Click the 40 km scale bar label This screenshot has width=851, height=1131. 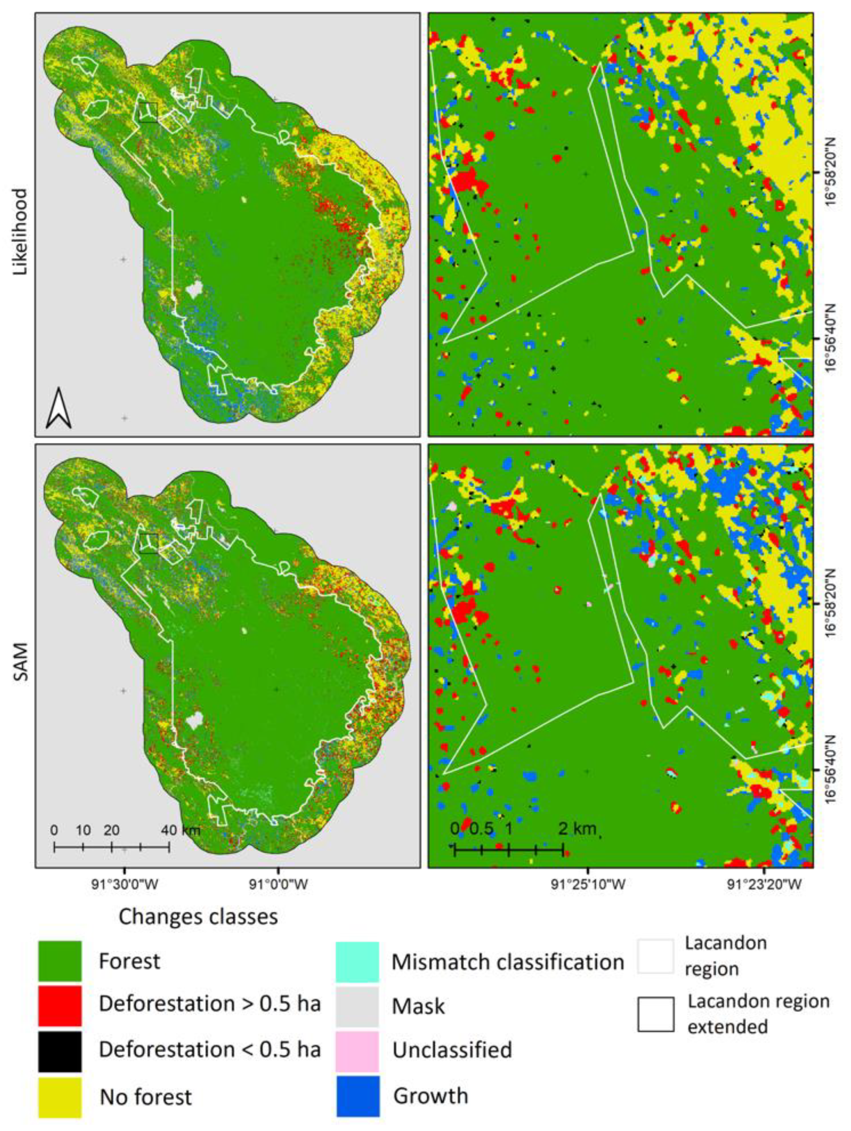pyautogui.click(x=180, y=830)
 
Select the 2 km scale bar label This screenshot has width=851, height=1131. pyautogui.click(x=577, y=828)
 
